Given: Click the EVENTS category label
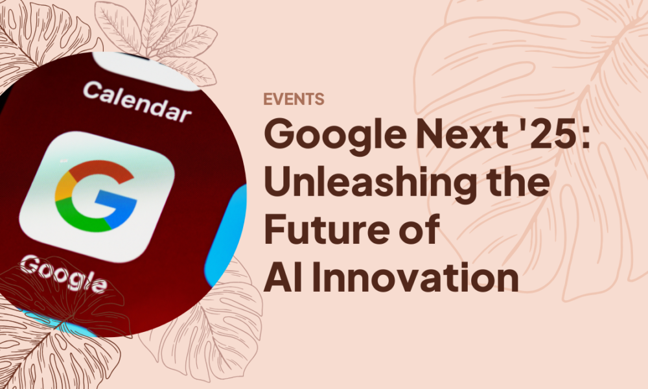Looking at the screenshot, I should pyautogui.click(x=294, y=99).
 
